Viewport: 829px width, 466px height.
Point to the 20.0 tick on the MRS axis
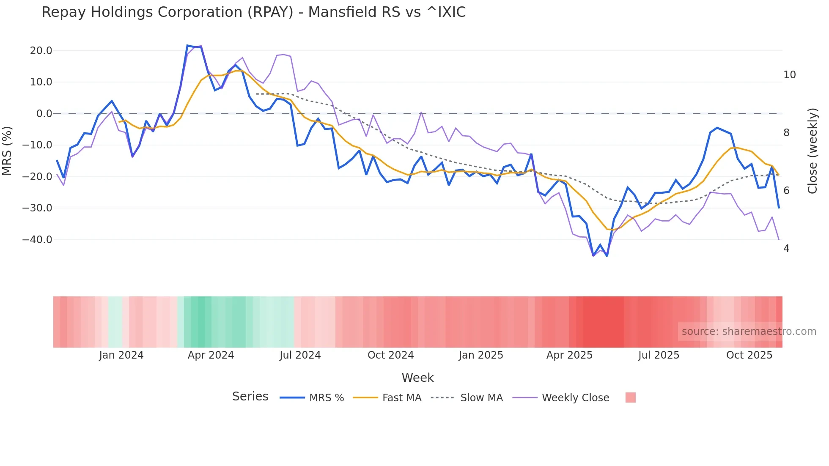click(x=41, y=51)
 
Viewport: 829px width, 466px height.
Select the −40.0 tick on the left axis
click(x=37, y=240)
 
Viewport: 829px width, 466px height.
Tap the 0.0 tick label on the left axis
click(x=44, y=114)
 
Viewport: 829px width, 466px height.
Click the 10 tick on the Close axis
click(x=789, y=75)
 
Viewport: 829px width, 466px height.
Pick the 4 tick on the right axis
click(x=786, y=249)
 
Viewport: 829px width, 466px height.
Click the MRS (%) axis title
click(x=7, y=151)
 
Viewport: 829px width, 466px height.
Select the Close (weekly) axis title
click(x=813, y=151)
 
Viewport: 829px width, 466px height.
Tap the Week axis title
click(x=417, y=378)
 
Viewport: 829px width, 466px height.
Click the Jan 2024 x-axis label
click(x=121, y=355)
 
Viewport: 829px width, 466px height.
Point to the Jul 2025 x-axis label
click(x=659, y=355)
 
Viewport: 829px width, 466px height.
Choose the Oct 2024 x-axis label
click(x=390, y=355)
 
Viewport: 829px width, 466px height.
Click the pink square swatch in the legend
click(x=630, y=397)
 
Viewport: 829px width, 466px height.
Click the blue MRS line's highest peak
click(x=187, y=45)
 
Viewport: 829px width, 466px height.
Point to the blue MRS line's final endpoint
click(x=779, y=208)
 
